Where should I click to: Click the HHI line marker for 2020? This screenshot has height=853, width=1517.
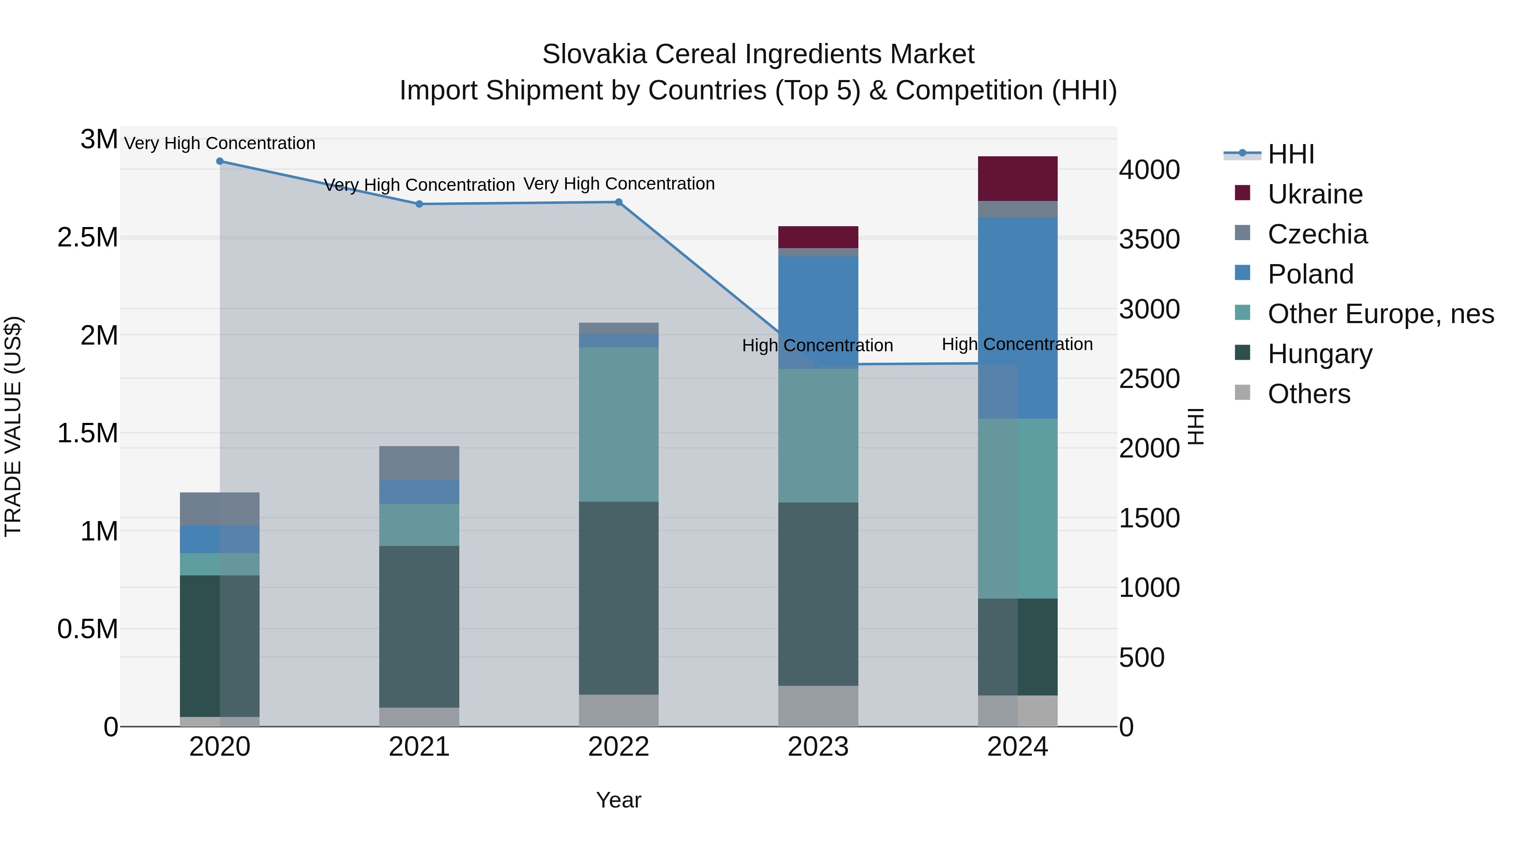tap(220, 161)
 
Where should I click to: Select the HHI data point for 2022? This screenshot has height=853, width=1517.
tap(618, 202)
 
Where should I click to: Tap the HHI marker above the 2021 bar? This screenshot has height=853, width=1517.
tap(419, 204)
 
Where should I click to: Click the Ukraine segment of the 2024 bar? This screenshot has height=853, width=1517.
tap(1017, 178)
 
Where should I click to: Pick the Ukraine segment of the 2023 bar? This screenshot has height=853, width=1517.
tap(818, 237)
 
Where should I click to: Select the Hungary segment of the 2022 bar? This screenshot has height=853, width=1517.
tap(618, 597)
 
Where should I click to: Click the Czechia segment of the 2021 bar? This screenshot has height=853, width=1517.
tap(419, 462)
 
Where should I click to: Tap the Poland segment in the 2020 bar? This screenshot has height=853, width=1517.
tap(220, 539)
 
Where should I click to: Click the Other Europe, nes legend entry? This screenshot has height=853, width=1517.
tap(1380, 314)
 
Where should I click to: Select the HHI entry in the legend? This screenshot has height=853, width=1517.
tap(1290, 154)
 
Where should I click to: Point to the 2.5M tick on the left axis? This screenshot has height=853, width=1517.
tap(87, 237)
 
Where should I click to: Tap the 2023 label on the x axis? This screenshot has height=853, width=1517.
tap(818, 747)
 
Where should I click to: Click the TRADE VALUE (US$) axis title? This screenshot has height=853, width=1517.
tap(13, 426)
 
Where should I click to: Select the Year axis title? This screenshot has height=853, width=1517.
tap(618, 800)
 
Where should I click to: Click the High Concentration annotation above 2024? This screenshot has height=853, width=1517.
tap(1017, 344)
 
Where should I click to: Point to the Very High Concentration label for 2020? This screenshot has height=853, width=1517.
tap(220, 143)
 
